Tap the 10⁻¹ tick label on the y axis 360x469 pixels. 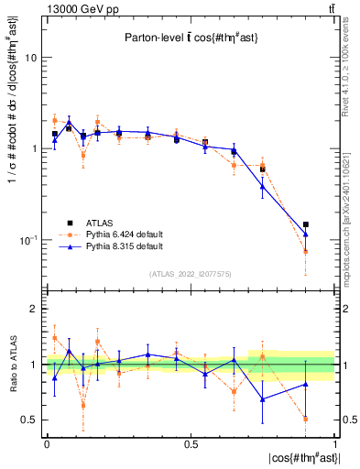(27, 240)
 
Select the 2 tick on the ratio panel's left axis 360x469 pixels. (33, 310)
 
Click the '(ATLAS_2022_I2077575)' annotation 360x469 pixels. (191, 274)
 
